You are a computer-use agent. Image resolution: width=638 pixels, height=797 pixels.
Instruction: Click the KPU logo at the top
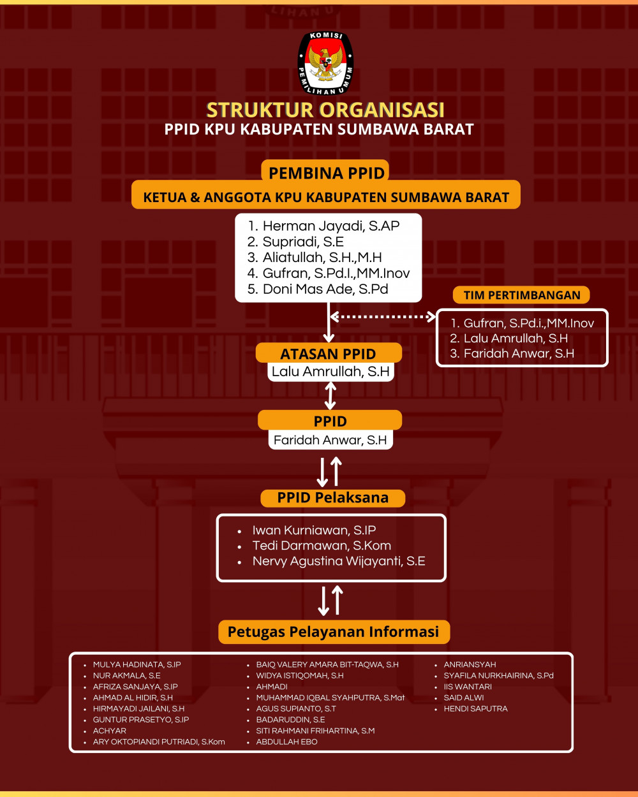[x=326, y=63]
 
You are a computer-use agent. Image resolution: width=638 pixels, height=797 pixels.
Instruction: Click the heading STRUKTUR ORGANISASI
[x=325, y=110]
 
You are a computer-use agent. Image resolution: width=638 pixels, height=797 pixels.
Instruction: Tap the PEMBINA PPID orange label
[x=326, y=173]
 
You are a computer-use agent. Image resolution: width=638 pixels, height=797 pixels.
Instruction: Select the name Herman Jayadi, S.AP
[x=324, y=226]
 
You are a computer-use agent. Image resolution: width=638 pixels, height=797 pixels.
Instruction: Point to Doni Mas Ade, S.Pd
[x=318, y=289]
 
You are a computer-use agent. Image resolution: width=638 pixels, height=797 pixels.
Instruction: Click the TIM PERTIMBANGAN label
[x=522, y=295]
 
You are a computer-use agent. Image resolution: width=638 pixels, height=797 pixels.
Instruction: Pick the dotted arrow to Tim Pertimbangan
[x=383, y=316]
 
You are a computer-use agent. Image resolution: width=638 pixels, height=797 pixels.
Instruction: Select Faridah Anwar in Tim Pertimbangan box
[x=512, y=353]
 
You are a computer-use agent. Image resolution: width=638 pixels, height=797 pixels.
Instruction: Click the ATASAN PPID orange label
[x=329, y=354]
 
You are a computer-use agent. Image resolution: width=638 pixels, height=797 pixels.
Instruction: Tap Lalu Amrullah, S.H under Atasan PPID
[x=330, y=371]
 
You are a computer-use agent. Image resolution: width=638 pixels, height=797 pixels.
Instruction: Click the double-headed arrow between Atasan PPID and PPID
[x=330, y=395]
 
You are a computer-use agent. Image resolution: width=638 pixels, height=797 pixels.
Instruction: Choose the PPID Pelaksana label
[x=332, y=498]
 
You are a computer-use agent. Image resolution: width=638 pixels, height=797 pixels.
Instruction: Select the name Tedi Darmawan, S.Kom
[x=322, y=546]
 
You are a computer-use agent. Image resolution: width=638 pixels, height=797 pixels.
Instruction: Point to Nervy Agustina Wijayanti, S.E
[x=338, y=561]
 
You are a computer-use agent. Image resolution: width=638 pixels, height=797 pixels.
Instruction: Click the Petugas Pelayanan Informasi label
[x=333, y=632]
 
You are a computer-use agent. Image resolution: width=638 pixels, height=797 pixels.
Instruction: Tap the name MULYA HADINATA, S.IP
[x=137, y=664]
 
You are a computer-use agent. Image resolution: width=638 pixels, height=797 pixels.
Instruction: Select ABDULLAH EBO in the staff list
[x=286, y=742]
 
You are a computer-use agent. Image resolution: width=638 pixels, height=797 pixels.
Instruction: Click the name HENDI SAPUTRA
[x=475, y=708]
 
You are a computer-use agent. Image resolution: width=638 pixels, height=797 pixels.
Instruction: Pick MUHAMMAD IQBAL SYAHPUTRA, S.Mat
[x=330, y=698]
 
